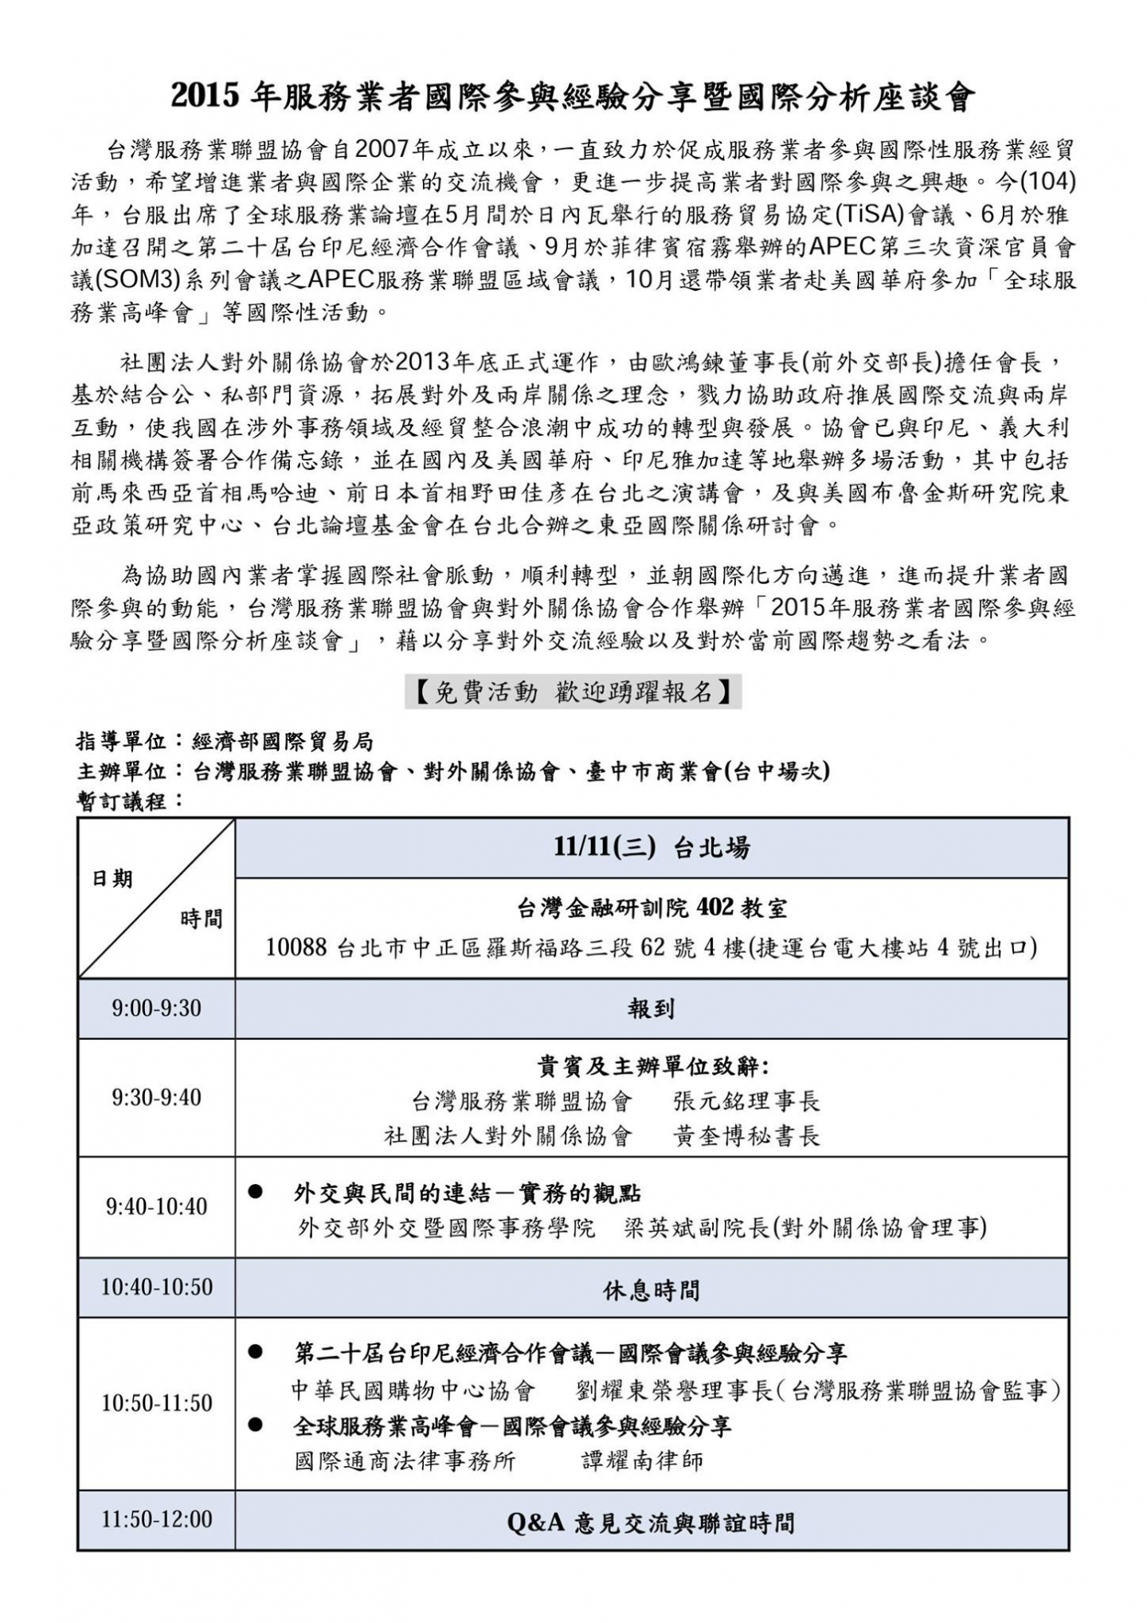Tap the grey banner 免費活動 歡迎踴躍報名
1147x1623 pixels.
click(573, 692)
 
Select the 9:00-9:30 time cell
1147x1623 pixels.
click(156, 1008)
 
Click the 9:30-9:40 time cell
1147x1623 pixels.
click(156, 1097)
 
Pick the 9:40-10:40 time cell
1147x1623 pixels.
click(156, 1206)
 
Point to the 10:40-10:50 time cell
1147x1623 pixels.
click(156, 1288)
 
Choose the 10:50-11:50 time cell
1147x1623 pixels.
click(156, 1402)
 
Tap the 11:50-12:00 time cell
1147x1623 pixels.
click(156, 1519)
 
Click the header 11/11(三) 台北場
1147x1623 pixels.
click(652, 848)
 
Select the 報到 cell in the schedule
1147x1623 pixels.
click(652, 1009)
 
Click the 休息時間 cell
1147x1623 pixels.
click(652, 1288)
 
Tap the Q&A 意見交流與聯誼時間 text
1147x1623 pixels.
click(652, 1523)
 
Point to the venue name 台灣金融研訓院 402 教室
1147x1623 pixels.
click(652, 908)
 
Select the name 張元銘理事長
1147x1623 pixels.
click(746, 1101)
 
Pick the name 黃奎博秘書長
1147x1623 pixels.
click(746, 1135)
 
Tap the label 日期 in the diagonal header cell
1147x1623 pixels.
click(113, 879)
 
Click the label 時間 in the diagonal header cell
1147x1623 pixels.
click(201, 919)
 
